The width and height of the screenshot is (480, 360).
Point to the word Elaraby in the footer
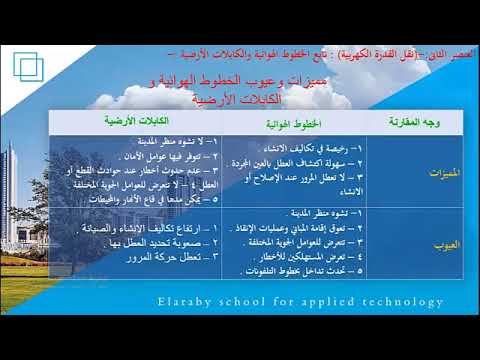[188, 301]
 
